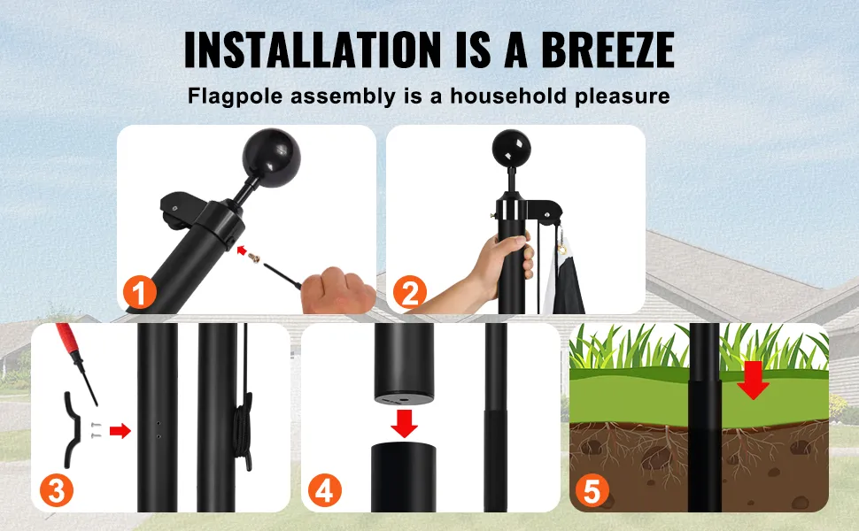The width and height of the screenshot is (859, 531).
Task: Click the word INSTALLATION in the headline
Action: [313, 50]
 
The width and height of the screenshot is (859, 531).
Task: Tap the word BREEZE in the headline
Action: [607, 50]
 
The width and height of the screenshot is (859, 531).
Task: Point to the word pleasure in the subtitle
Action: [623, 96]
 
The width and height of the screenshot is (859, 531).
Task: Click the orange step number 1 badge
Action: [140, 292]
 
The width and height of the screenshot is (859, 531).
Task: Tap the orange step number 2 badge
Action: [409, 292]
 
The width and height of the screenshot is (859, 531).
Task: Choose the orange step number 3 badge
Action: [57, 490]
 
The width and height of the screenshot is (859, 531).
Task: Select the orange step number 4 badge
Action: [324, 490]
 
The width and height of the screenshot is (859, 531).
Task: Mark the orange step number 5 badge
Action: [592, 490]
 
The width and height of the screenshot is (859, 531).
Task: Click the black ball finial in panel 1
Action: [271, 158]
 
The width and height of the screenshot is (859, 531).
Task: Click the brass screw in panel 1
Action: [254, 257]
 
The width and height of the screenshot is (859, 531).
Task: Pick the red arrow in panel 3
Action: [120, 431]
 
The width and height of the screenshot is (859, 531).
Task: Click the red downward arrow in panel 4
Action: [405, 424]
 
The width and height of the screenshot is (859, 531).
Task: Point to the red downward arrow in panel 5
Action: [753, 380]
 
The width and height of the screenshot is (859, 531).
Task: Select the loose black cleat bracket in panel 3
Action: [74, 430]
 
